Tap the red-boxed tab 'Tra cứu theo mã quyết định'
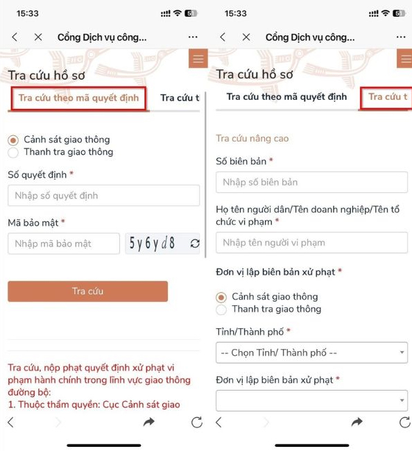click(78, 98)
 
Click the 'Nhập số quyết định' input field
click(103, 196)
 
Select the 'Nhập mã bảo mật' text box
click(64, 244)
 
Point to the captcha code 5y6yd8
click(153, 244)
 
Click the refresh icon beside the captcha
click(194, 244)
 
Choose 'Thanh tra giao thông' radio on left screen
click(13, 152)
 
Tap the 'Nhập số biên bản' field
click(311, 182)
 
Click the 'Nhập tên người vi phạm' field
click(311, 243)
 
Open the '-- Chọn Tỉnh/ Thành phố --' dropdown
click(311, 352)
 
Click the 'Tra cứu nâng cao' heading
click(252, 139)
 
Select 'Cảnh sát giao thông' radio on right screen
click(221, 297)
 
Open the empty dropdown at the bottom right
click(311, 400)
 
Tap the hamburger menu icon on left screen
click(198, 59)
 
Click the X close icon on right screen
click(246, 37)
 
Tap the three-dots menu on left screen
click(193, 37)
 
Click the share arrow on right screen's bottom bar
click(357, 422)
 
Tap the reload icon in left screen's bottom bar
click(196, 422)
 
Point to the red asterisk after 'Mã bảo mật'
click(63, 222)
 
